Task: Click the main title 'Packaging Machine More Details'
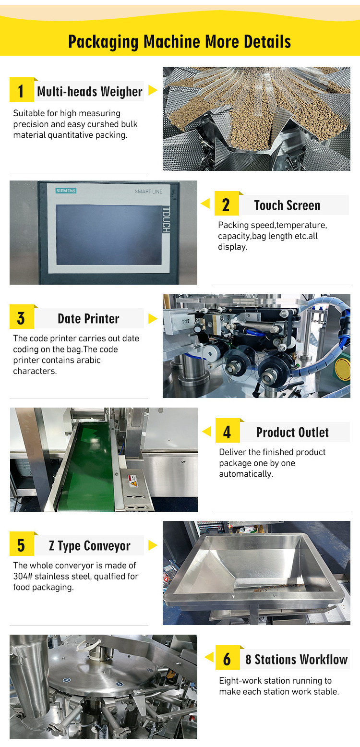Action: click(180, 42)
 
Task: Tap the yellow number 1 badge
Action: click(22, 89)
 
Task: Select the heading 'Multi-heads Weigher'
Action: click(90, 91)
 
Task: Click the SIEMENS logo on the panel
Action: click(66, 191)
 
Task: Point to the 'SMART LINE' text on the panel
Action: click(149, 192)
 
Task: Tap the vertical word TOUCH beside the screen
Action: click(166, 220)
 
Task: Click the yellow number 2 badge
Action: click(227, 204)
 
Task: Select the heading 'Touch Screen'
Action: click(287, 205)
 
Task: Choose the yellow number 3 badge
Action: click(22, 317)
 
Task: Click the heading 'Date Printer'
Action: click(88, 318)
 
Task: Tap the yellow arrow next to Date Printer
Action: click(153, 318)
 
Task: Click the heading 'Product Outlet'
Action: click(292, 432)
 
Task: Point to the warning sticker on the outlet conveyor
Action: click(132, 481)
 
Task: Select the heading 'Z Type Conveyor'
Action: click(89, 546)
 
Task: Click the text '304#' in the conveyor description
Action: click(23, 576)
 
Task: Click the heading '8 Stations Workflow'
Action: click(296, 659)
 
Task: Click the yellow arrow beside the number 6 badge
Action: click(209, 657)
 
